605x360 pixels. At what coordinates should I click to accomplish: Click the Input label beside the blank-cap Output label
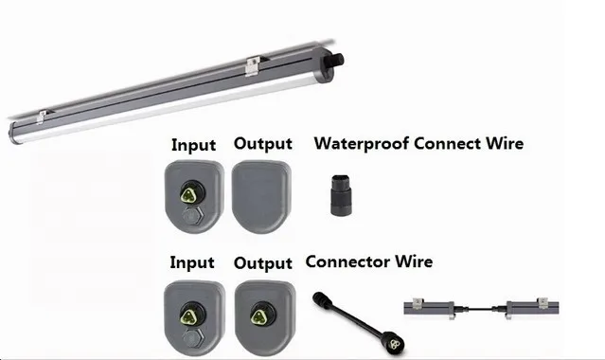[192, 145]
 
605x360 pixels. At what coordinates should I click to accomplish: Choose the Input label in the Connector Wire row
[192, 261]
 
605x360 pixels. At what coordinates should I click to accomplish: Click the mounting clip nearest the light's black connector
[251, 67]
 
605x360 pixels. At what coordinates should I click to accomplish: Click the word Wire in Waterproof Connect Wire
[505, 144]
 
